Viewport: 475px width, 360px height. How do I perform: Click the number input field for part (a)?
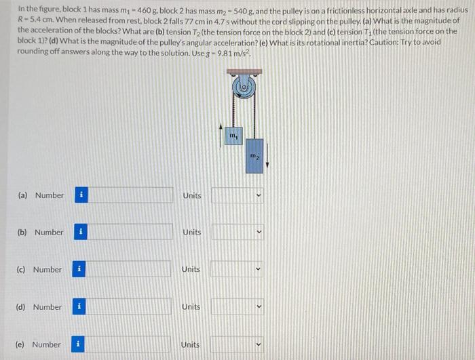[129, 195]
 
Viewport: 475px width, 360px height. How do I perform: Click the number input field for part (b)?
[129, 232]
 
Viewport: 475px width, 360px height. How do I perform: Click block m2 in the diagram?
[254, 157]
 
